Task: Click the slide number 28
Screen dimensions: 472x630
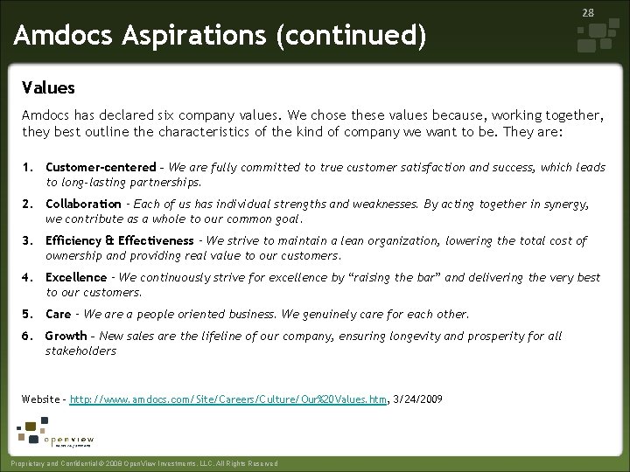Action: [589, 11]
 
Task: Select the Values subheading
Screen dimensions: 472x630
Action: [48, 88]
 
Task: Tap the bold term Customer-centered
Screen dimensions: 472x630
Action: [101, 168]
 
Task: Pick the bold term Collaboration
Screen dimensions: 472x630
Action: [83, 205]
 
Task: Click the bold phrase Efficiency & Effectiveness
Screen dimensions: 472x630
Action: [119, 241]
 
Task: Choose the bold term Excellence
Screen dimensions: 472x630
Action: [76, 278]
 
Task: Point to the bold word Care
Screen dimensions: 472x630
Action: [58, 314]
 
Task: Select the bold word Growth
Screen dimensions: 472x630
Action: [66, 337]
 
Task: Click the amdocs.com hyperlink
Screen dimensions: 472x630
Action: [228, 399]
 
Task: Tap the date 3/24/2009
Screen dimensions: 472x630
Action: [417, 399]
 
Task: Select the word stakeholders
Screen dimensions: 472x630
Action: [80, 351]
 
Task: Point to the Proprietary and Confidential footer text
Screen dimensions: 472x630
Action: [140, 463]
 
